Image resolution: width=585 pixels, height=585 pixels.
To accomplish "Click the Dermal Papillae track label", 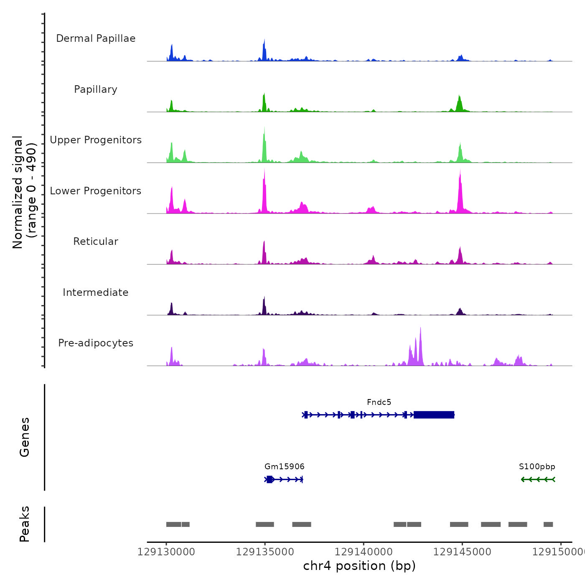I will click(x=96, y=38).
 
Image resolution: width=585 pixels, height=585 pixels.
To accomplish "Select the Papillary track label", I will click(x=96, y=89).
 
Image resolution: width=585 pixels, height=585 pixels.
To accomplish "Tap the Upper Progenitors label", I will click(x=96, y=140).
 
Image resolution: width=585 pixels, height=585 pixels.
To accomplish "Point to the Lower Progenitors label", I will click(x=96, y=191).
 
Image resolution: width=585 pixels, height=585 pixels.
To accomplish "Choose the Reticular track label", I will click(x=96, y=242).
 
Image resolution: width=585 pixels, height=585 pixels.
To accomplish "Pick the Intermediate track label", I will click(x=96, y=292).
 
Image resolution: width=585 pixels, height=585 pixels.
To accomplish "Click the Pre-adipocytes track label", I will click(x=96, y=343).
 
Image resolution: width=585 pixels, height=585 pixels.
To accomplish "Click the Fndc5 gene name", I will click(x=379, y=402).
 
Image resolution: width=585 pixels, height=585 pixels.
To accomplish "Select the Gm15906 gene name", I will click(x=285, y=467).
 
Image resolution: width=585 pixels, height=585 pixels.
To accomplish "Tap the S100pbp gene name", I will click(x=537, y=467).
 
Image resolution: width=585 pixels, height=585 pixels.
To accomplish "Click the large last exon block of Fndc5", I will click(x=434, y=415).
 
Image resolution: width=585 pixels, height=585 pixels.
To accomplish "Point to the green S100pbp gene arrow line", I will click(x=538, y=479).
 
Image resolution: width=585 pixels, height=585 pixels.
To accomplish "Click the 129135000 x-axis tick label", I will click(x=265, y=552).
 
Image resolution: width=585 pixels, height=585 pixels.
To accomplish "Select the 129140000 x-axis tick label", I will click(x=364, y=552).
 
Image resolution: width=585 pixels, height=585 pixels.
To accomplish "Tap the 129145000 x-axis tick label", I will click(x=462, y=552).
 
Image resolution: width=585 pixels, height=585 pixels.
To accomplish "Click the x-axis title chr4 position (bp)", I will click(x=359, y=566).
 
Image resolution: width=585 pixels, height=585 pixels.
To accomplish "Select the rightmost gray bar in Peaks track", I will click(x=548, y=524).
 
